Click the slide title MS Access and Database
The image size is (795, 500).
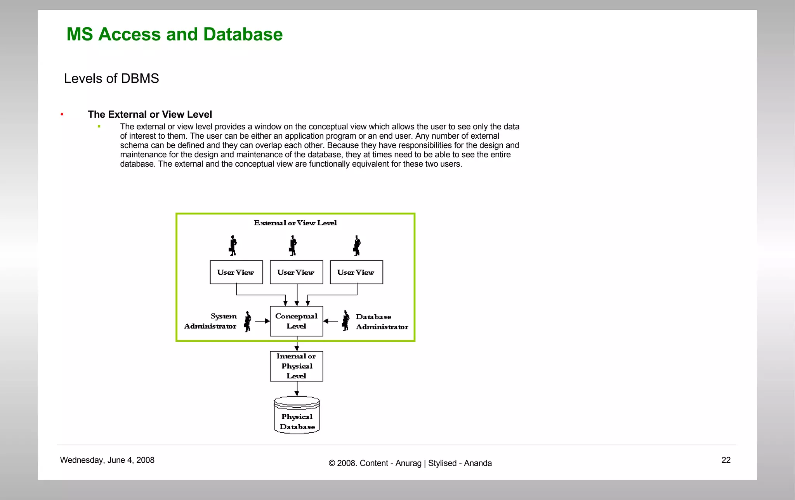174,35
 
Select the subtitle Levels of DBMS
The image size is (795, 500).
111,78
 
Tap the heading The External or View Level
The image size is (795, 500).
150,115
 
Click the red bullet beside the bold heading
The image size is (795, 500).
62,114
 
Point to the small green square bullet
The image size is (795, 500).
99,127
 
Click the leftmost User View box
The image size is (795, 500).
236,272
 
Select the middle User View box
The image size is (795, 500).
296,272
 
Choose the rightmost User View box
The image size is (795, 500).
356,272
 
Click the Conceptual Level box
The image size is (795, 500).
296,321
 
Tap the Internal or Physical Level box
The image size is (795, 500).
296,366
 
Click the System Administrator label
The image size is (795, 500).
211,321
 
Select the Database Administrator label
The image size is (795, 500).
382,322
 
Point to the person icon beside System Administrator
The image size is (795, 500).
247,321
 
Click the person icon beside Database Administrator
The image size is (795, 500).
345,321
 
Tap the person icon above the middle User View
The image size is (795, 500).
293,246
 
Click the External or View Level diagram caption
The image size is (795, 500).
295,223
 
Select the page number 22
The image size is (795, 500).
726,460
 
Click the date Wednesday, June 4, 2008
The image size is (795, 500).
107,460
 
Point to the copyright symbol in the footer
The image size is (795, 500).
332,463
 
